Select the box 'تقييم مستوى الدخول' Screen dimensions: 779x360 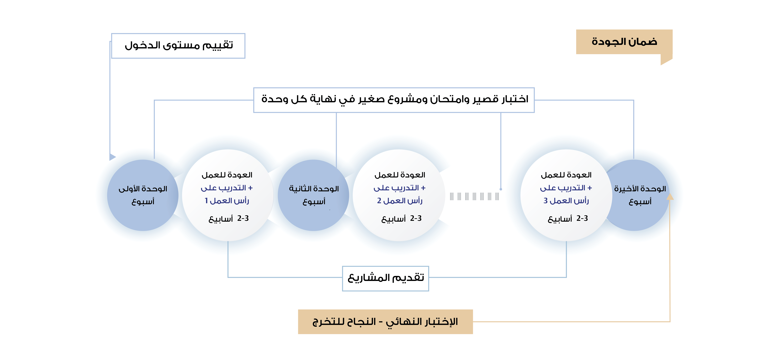pyautogui.click(x=178, y=46)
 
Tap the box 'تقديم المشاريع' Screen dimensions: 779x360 pyautogui.click(x=386, y=278)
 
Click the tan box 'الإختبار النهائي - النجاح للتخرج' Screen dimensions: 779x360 pyautogui.click(x=385, y=322)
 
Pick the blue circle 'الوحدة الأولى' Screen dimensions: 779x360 pyautogui.click(x=143, y=195)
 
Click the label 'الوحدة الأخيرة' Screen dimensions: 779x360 pyautogui.click(x=640, y=189)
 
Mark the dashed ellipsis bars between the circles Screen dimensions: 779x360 pyautogui.click(x=474, y=197)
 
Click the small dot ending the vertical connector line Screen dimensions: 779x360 pyautogui.click(x=501, y=189)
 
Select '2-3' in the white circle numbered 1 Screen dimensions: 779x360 pyautogui.click(x=243, y=218)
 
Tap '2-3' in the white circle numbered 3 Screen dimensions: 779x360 pyautogui.click(x=582, y=218)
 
